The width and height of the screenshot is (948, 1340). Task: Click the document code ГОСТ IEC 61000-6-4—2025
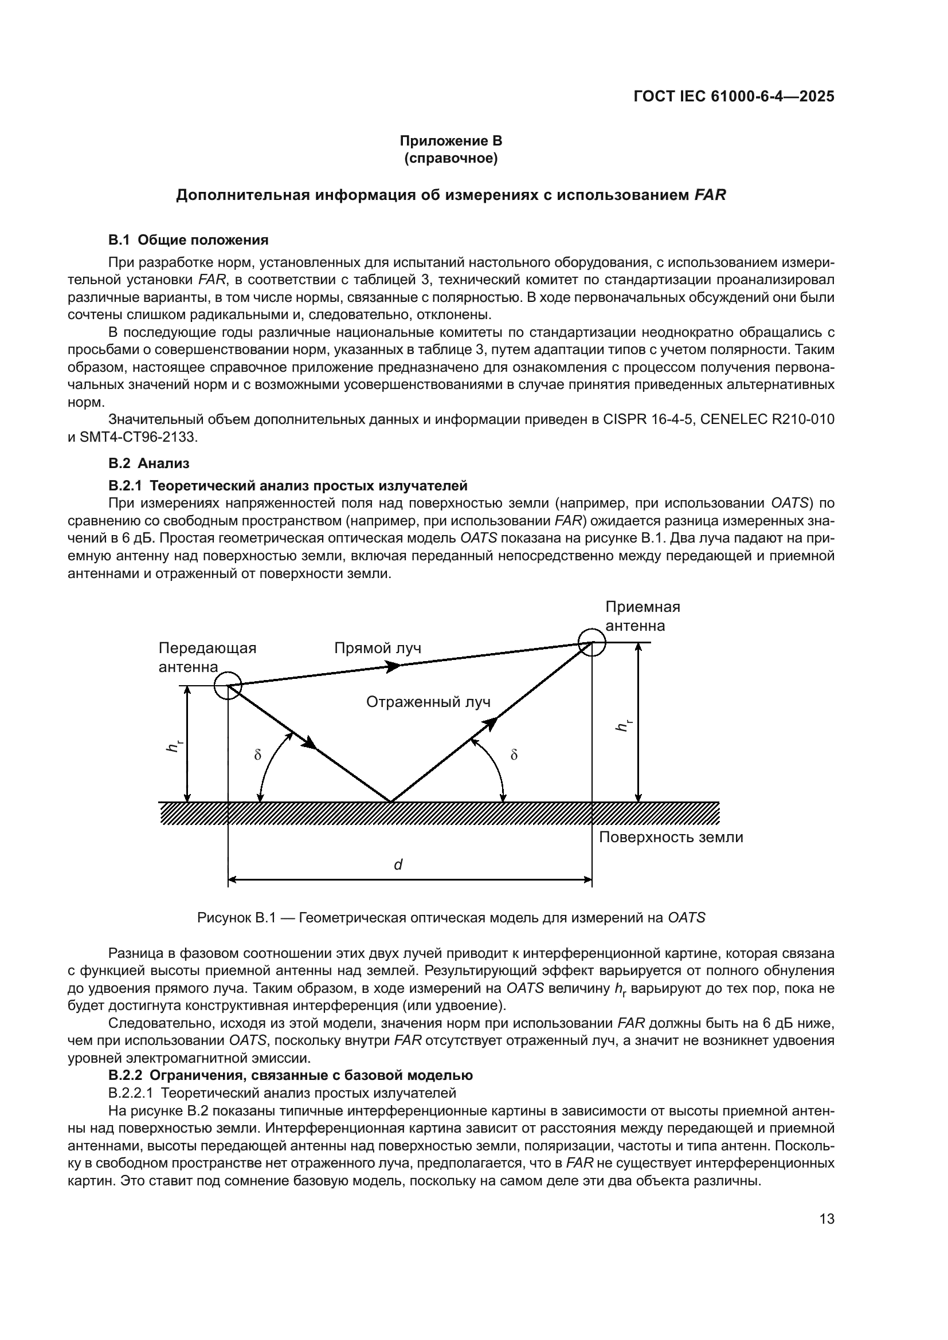coord(734,96)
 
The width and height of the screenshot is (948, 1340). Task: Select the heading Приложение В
coord(451,141)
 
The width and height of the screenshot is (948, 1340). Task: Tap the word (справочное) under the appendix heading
coord(451,158)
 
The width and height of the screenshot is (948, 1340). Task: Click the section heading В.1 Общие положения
coord(188,240)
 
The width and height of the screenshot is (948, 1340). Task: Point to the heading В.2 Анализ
coord(149,463)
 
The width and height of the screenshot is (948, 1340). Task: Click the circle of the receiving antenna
coord(592,643)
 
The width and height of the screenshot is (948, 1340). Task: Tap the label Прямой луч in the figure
coord(378,649)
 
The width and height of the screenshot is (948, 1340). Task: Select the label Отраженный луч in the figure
coord(429,702)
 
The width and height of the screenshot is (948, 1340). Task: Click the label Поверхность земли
coord(671,838)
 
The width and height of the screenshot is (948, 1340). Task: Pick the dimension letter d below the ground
coord(398,865)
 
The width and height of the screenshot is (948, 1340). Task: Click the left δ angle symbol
coord(257,755)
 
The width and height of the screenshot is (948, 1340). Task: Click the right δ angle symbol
coord(514,755)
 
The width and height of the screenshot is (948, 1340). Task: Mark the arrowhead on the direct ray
coord(394,665)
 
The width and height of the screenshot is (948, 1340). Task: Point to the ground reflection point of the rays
coord(390,801)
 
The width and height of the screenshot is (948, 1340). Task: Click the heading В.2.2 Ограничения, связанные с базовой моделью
coord(290,1075)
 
